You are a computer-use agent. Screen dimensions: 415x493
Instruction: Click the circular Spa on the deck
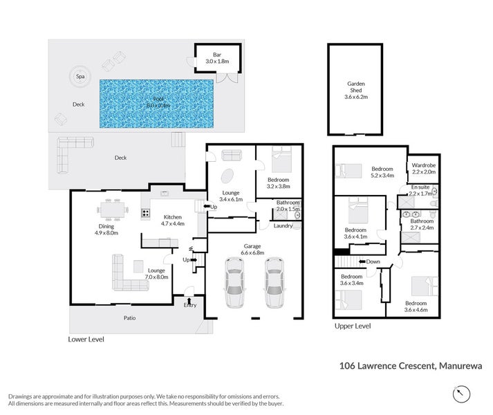(80, 77)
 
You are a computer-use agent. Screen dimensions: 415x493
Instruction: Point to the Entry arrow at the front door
(189, 302)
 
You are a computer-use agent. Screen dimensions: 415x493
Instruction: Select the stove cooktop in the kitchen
(146, 212)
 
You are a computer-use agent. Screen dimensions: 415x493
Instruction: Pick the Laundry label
(282, 225)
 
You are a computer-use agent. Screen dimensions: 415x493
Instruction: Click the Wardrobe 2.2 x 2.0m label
(422, 169)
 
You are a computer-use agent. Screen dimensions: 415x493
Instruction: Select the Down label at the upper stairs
(373, 261)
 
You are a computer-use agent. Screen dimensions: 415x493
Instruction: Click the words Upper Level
(353, 326)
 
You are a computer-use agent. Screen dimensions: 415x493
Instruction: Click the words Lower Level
(89, 340)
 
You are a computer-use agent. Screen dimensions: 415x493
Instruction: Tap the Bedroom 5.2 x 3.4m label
(382, 172)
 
